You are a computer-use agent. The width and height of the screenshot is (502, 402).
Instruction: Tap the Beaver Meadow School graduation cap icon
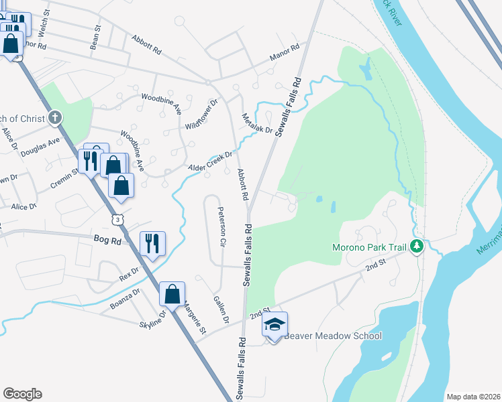click(x=274, y=326)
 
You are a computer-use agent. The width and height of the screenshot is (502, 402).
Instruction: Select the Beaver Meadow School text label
click(x=333, y=336)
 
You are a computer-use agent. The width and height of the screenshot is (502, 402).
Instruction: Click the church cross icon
click(x=56, y=118)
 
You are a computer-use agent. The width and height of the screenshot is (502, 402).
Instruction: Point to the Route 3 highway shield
click(x=118, y=219)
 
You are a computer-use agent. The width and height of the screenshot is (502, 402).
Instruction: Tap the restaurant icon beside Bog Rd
click(x=152, y=243)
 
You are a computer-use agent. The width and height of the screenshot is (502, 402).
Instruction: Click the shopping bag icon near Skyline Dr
click(x=172, y=293)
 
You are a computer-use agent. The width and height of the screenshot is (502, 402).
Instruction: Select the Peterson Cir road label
click(x=221, y=226)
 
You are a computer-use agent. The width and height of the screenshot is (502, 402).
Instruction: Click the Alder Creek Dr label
click(x=210, y=159)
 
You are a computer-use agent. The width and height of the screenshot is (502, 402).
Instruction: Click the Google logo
click(x=22, y=394)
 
